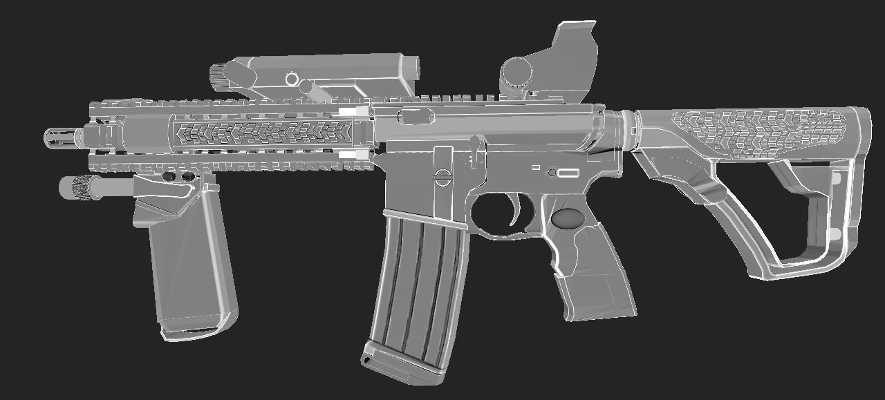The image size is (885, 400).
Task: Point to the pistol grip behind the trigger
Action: click(x=588, y=263)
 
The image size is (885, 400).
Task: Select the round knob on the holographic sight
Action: click(x=515, y=70)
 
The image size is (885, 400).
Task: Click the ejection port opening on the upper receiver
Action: click(x=417, y=115)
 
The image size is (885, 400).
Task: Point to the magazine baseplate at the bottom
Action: click(x=401, y=366)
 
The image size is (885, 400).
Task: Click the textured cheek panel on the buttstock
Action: click(x=754, y=131)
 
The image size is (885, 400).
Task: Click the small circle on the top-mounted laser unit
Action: click(x=291, y=79)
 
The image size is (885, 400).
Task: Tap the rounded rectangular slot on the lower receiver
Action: click(x=568, y=173)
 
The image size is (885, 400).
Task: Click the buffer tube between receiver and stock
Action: click(x=622, y=128)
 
